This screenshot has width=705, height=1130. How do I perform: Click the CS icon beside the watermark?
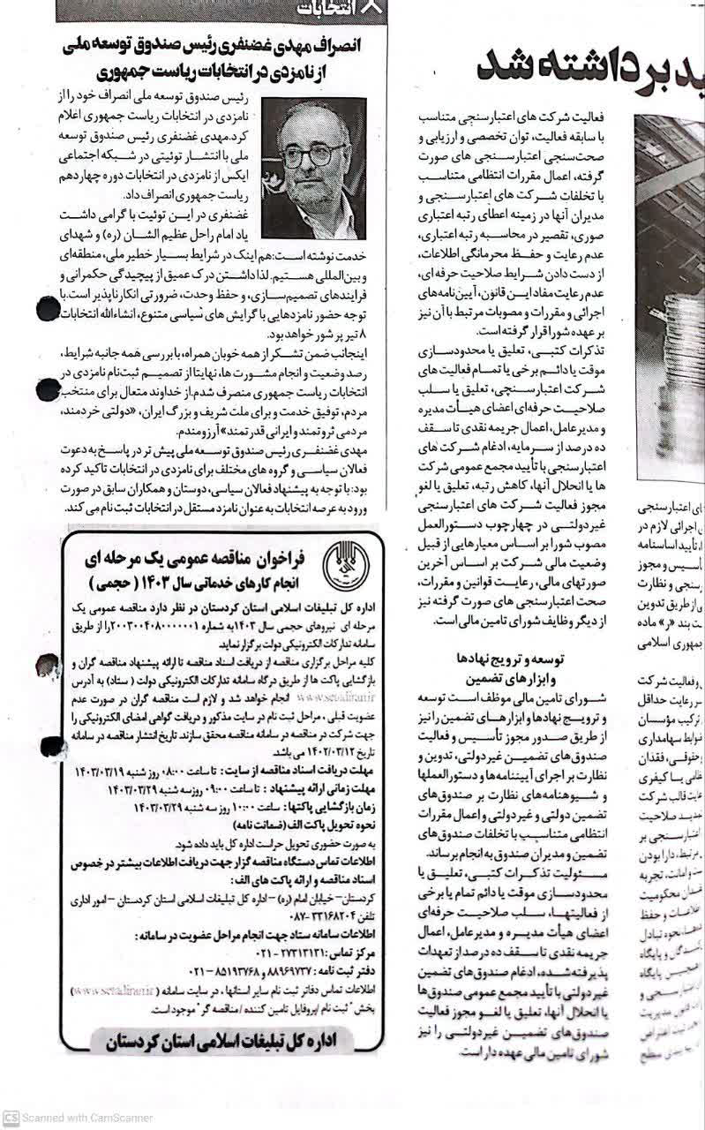tap(11, 1118)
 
